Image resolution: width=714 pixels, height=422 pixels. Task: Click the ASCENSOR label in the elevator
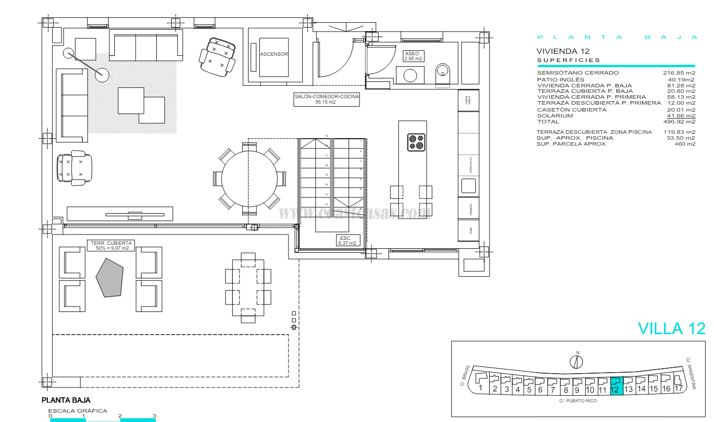(x=274, y=54)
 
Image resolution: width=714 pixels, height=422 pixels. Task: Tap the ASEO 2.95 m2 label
(x=413, y=56)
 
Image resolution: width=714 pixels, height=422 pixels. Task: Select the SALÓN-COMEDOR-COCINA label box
(x=326, y=99)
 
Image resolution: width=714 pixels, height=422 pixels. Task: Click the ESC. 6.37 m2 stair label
(x=347, y=240)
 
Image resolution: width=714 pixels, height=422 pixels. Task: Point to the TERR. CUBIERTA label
(x=111, y=245)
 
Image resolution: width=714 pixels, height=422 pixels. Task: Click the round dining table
(x=250, y=178)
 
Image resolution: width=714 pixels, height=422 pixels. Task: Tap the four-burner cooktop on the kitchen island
(x=416, y=142)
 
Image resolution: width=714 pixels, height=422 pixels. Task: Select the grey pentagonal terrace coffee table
(x=109, y=277)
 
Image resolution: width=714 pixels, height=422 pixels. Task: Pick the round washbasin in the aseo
(x=410, y=76)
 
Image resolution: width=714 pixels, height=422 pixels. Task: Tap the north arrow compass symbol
(x=576, y=362)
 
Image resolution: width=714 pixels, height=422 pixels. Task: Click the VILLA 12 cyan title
(x=671, y=329)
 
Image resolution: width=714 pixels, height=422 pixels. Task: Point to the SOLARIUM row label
(x=555, y=116)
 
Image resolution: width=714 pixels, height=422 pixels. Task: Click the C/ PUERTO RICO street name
(x=578, y=401)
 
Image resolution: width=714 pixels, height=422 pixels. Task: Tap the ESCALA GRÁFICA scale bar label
(x=77, y=411)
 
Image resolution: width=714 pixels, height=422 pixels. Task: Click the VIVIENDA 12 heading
(x=563, y=51)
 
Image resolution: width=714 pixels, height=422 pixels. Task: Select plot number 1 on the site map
(x=481, y=387)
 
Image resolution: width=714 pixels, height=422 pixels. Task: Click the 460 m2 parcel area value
(x=685, y=144)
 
